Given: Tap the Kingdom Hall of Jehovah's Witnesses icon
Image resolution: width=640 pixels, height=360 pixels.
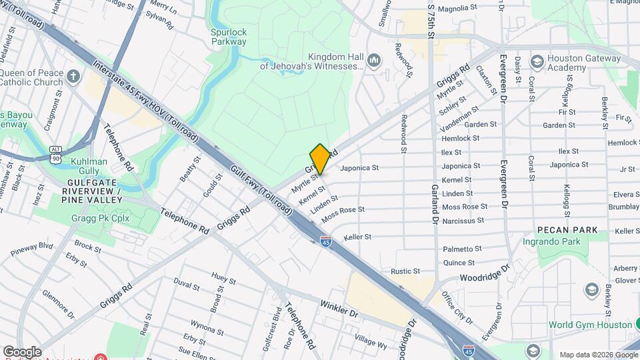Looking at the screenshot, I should pyautogui.click(x=373, y=61).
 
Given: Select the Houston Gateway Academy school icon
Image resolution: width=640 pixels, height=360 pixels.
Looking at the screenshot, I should pyautogui.click(x=536, y=62).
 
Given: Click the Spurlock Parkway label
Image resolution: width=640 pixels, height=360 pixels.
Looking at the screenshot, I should pyautogui.click(x=228, y=37).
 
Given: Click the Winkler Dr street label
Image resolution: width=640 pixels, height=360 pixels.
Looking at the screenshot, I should pyautogui.click(x=339, y=308).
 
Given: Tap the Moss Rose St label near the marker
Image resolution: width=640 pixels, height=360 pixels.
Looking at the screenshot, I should pyautogui.click(x=343, y=214).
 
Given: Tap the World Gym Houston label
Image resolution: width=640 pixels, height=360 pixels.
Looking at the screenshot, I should pyautogui.click(x=591, y=325).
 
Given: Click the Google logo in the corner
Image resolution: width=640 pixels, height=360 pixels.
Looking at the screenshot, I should pyautogui.click(x=21, y=351).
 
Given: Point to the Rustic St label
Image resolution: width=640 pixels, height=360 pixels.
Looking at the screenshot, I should pyautogui.click(x=405, y=271).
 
